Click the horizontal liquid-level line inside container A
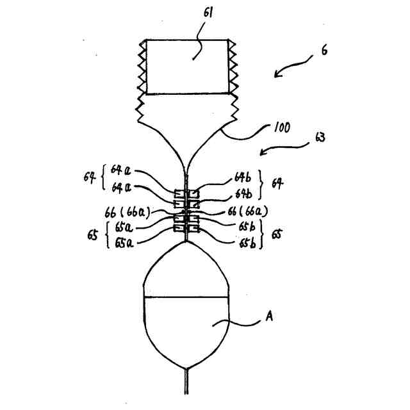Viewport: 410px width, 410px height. coord(186,297)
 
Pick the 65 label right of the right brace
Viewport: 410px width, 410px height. coord(277,234)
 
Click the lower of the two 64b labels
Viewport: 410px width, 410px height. coord(244,193)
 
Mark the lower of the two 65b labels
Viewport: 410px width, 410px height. coord(249,243)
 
